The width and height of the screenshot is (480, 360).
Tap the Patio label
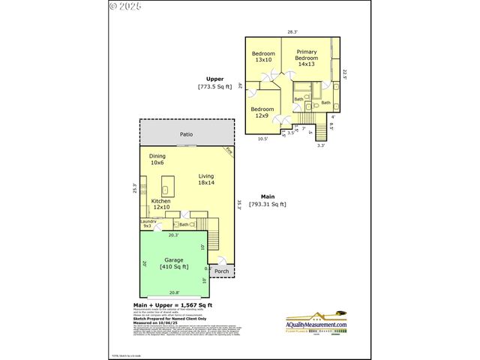tap(186, 135)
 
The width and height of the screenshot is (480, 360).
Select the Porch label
tap(221, 271)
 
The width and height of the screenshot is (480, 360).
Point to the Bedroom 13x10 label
tap(263, 56)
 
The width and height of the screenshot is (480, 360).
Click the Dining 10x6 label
tap(157, 159)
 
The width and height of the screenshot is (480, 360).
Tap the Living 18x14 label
tap(206, 179)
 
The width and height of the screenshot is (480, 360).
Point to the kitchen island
tap(167, 184)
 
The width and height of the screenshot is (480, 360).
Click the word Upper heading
tap(215, 79)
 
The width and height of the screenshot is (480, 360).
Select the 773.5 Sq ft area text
tap(215, 87)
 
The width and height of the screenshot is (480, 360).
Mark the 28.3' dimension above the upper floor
tap(292, 31)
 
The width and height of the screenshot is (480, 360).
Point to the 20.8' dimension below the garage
tap(174, 292)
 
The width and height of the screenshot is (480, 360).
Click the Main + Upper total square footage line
tap(172, 305)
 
